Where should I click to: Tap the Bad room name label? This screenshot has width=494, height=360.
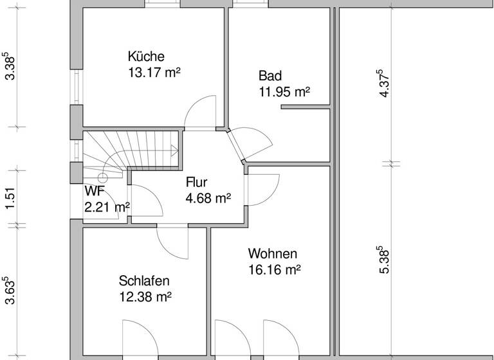pos(270,75)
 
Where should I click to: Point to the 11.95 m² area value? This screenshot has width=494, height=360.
pos(284,91)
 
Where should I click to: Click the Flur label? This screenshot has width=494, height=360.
pos(196,182)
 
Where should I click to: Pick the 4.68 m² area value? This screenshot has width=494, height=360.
pos(208,198)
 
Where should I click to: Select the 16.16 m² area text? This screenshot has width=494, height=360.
pos(275,269)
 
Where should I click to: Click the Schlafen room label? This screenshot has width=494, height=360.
pos(144,281)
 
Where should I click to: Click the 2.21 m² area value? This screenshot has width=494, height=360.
pos(107,206)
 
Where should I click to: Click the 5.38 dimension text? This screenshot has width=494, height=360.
pos(385,258)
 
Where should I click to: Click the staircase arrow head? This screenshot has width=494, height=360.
pos(176,152)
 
